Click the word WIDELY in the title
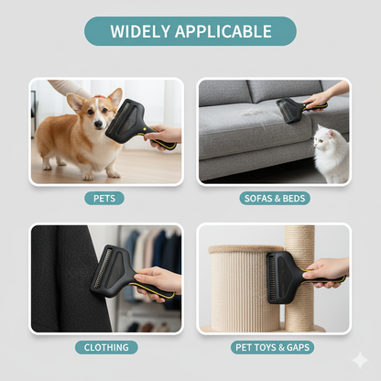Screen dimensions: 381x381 click(x=140, y=31)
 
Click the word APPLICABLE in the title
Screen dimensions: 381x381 click(x=223, y=31)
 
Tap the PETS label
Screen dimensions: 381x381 click(x=104, y=199)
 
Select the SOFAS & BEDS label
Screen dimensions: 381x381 click(x=275, y=199)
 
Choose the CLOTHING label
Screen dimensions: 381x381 click(x=106, y=347)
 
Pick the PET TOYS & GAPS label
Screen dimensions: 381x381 click(x=273, y=347)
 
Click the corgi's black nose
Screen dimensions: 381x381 click(x=98, y=124)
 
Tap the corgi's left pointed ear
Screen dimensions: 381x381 click(x=75, y=102)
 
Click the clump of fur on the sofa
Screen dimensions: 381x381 click(x=258, y=112)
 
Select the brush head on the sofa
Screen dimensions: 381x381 click(x=288, y=109)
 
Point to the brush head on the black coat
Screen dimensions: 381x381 click(x=111, y=270)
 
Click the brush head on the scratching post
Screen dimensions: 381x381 click(x=280, y=278)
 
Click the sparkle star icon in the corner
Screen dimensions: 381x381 click(x=360, y=361)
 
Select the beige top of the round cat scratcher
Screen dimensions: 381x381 click(x=246, y=249)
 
